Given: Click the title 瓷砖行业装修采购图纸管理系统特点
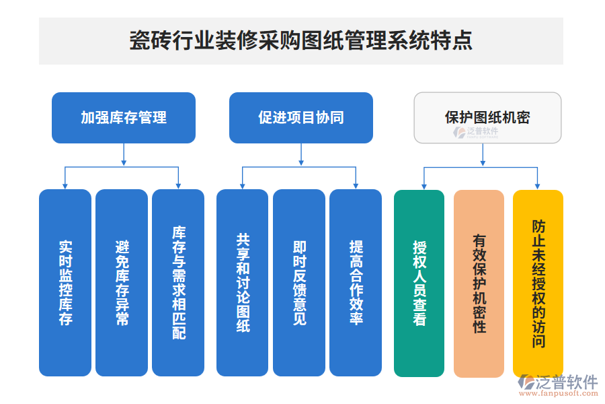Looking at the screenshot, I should coord(300,40).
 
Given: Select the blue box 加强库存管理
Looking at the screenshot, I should coord(124,118).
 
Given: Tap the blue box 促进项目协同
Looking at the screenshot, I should coord(300,118).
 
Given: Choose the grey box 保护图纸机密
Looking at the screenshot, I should coord(487,118).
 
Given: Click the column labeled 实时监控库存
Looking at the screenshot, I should coord(65,283).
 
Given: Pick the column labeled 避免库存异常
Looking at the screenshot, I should coord(122,283).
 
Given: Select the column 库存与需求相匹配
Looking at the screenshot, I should coord(178,283).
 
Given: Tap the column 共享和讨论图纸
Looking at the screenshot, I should coord(243,283).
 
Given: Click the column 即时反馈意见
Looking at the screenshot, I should coord(299,283).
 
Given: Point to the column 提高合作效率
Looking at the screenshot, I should coord(356,283).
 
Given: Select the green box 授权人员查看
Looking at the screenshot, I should coord(419,283).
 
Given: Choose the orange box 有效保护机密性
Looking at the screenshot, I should coord(479,283).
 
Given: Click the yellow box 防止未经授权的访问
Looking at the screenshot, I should coord(538,283).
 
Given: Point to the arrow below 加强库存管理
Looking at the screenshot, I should coord(124,155).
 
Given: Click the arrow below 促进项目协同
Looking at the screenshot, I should coord(300,155).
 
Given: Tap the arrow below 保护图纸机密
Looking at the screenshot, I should coord(481,155).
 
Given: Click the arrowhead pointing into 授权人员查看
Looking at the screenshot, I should coord(424,186).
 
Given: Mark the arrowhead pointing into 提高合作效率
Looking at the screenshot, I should coord(356,186).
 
